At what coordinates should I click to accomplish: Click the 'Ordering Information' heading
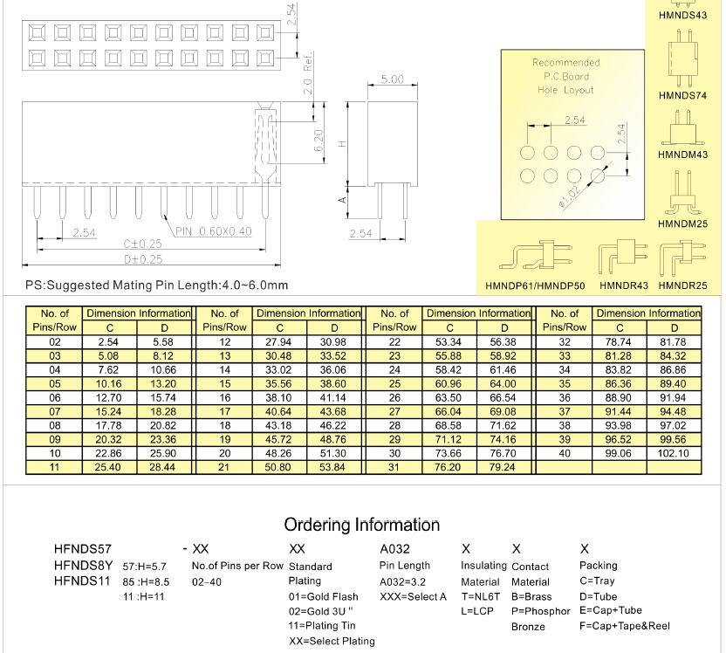pos(361,525)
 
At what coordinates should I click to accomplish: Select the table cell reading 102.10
pos(675,453)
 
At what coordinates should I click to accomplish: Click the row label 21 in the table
pos(224,467)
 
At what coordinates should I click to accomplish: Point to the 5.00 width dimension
pos(393,79)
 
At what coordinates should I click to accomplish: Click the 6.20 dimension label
pos(319,140)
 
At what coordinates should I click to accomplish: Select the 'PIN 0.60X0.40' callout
pos(213,231)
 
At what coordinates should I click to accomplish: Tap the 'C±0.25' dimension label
pos(142,244)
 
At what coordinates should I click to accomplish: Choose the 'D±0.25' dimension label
pos(143,259)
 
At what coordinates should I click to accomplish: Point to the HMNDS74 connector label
pos(682,96)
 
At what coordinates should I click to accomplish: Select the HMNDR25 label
pos(682,285)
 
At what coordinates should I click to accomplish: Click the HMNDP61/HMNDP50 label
pos(535,285)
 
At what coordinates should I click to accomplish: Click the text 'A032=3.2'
pos(404,581)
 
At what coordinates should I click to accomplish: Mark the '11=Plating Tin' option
pos(323,625)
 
